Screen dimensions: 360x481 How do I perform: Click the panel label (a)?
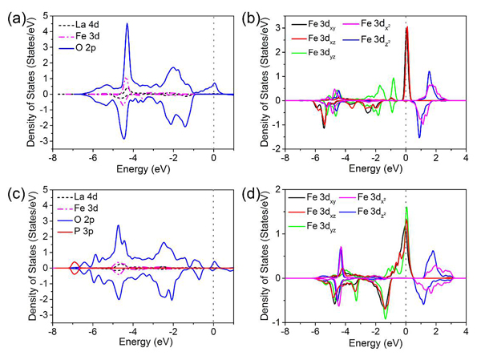[15, 12]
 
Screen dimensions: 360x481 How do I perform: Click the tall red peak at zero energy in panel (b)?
[406, 28]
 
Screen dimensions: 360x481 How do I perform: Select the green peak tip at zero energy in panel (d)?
[406, 208]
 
